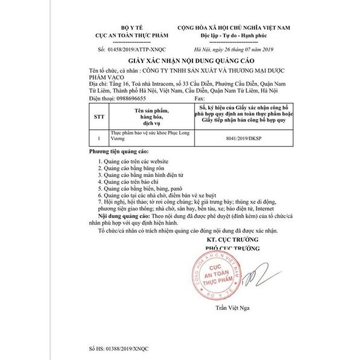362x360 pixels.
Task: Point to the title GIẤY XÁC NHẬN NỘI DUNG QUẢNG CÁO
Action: tap(181, 63)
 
